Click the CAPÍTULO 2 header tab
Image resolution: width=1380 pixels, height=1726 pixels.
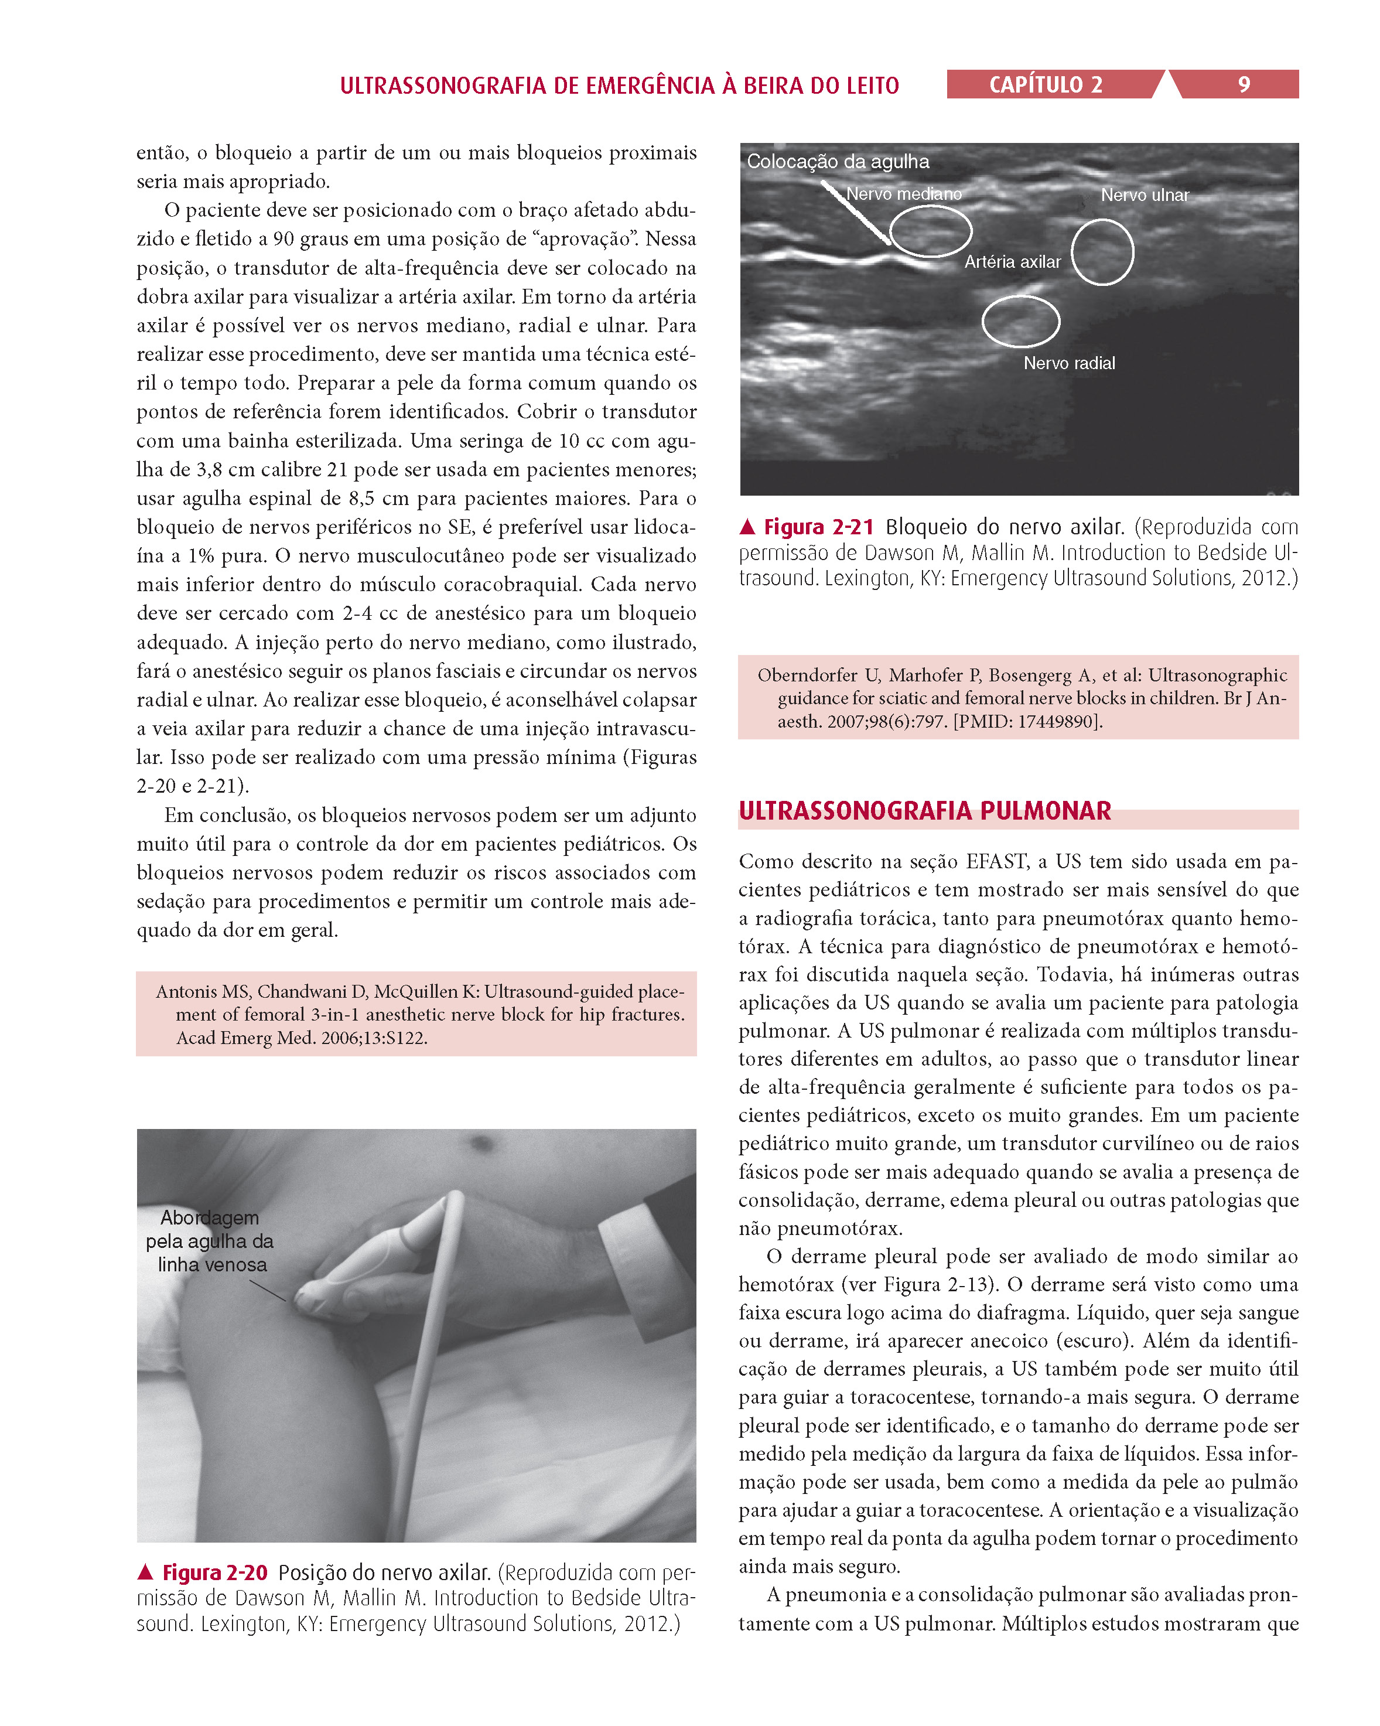point(1046,85)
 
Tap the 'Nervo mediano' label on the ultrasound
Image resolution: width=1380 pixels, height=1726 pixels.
point(904,195)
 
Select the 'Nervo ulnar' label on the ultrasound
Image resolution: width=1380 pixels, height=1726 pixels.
point(1145,195)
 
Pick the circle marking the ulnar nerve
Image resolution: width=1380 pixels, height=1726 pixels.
point(1102,252)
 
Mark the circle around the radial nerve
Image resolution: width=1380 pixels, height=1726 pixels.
point(1020,321)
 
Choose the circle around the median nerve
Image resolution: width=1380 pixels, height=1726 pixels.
point(931,231)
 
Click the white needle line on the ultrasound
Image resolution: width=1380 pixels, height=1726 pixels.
point(855,212)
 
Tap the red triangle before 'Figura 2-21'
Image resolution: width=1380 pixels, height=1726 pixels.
point(747,527)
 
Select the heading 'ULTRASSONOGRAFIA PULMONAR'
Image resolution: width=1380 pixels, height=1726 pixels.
point(924,811)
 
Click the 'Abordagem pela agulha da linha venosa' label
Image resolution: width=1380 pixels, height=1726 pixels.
point(210,1241)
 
